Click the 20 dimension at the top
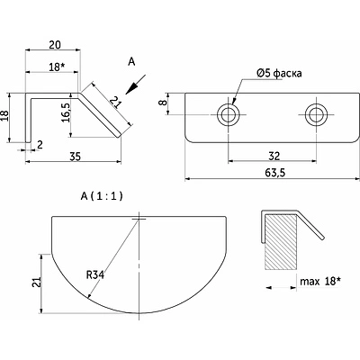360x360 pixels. coord(55,45)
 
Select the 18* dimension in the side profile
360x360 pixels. coord(57,67)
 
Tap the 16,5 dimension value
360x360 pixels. coord(66,112)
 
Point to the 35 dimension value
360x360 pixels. coord(75,157)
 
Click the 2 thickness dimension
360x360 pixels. coord(40,145)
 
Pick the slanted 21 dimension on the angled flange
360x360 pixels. coord(115,103)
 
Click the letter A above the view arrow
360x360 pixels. coord(131,62)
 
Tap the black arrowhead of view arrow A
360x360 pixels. coord(130,88)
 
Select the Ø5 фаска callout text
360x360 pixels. coord(279,73)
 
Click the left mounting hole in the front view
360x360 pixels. coord(229,114)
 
